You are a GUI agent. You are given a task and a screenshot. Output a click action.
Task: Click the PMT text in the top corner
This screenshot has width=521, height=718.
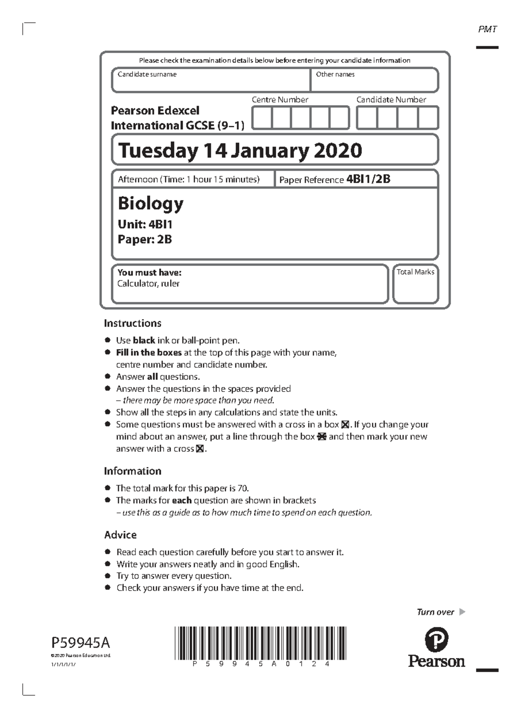coord(487,30)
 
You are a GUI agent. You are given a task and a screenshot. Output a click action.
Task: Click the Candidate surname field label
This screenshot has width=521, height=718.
coord(147,74)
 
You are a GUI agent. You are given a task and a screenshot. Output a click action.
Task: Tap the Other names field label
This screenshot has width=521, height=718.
coord(335,74)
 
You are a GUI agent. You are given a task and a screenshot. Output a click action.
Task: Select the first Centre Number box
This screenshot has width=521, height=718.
coord(262,118)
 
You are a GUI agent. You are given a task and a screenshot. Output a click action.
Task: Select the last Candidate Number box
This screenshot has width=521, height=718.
coord(428,118)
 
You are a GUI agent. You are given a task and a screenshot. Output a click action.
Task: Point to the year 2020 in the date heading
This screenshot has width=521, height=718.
coord(337,151)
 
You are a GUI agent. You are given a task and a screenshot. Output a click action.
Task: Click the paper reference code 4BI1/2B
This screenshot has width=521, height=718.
coord(368,179)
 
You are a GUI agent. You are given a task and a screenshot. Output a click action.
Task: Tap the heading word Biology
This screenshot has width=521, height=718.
coord(150,203)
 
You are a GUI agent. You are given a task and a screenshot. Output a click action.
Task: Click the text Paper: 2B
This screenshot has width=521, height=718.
coord(145,239)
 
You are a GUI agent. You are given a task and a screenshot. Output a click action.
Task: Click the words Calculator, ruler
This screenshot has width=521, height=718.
coord(148,284)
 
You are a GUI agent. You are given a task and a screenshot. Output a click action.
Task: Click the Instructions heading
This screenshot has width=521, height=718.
coord(132,323)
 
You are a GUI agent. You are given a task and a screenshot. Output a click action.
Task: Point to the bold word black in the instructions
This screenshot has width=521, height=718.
coord(144,341)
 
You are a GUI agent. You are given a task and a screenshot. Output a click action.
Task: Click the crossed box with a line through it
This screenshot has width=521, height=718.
coord(322,437)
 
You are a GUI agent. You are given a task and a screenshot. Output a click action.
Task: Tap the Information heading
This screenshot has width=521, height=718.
coord(132,471)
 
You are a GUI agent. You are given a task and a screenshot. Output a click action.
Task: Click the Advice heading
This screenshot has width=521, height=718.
coord(120,535)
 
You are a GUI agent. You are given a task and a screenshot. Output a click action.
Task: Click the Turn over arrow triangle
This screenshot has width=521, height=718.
coord(462,612)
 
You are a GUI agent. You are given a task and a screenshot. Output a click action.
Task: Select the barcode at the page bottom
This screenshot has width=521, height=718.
coord(260,643)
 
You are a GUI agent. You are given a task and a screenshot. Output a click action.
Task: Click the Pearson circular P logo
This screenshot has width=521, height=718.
coord(436,639)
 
